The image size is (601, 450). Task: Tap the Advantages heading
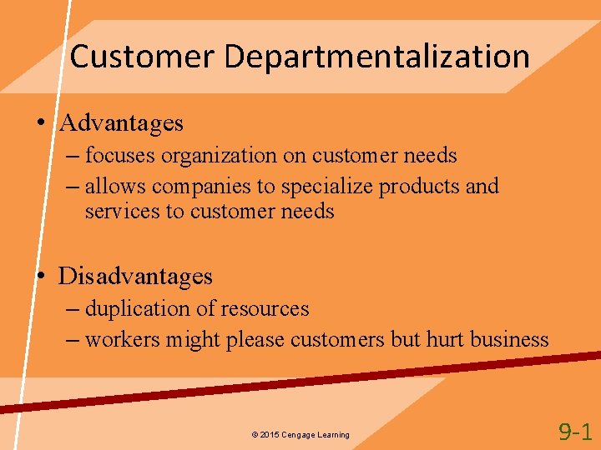pyautogui.click(x=122, y=123)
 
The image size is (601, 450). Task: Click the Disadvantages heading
pyautogui.click(x=135, y=276)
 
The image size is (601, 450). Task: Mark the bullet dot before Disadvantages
pyautogui.click(x=40, y=277)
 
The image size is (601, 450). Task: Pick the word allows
pyautogui.click(x=114, y=186)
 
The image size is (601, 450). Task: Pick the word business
pyautogui.click(x=509, y=339)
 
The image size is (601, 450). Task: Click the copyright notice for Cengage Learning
pyautogui.click(x=300, y=435)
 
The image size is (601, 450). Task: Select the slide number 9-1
pyautogui.click(x=575, y=431)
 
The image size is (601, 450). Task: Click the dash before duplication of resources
pyautogui.click(x=73, y=309)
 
